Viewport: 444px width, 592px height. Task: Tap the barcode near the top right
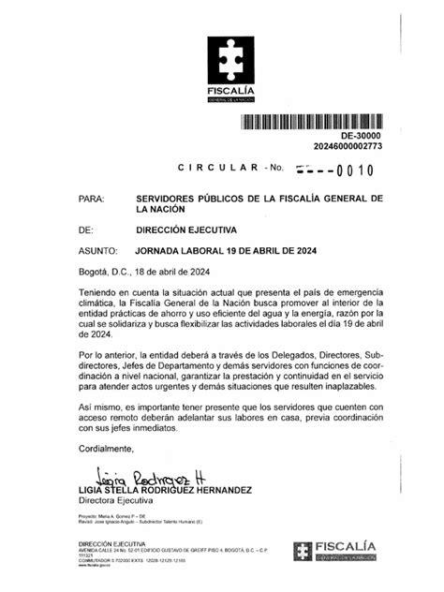(320, 121)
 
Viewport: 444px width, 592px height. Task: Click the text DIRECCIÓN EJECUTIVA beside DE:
(186, 229)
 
